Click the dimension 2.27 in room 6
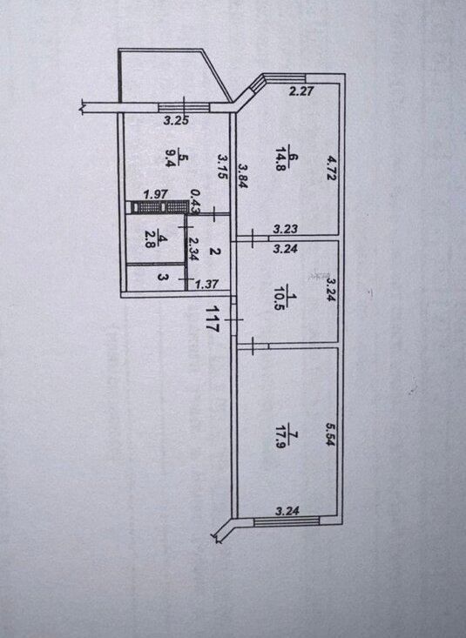pyautogui.click(x=301, y=91)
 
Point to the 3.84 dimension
pyautogui.click(x=243, y=175)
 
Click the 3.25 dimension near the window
pyautogui.click(x=176, y=120)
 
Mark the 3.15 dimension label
pyautogui.click(x=222, y=166)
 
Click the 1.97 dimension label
pyautogui.click(x=156, y=194)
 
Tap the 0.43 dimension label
pyautogui.click(x=195, y=201)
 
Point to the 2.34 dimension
pyautogui.click(x=193, y=249)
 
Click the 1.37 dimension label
pyautogui.click(x=206, y=284)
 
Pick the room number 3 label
pyautogui.click(x=162, y=278)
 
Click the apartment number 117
pyautogui.click(x=212, y=319)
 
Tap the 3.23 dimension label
pyautogui.click(x=285, y=229)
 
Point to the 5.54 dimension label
pyautogui.click(x=329, y=433)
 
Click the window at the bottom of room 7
pyautogui.click(x=287, y=520)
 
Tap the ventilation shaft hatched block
pyautogui.click(x=158, y=206)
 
